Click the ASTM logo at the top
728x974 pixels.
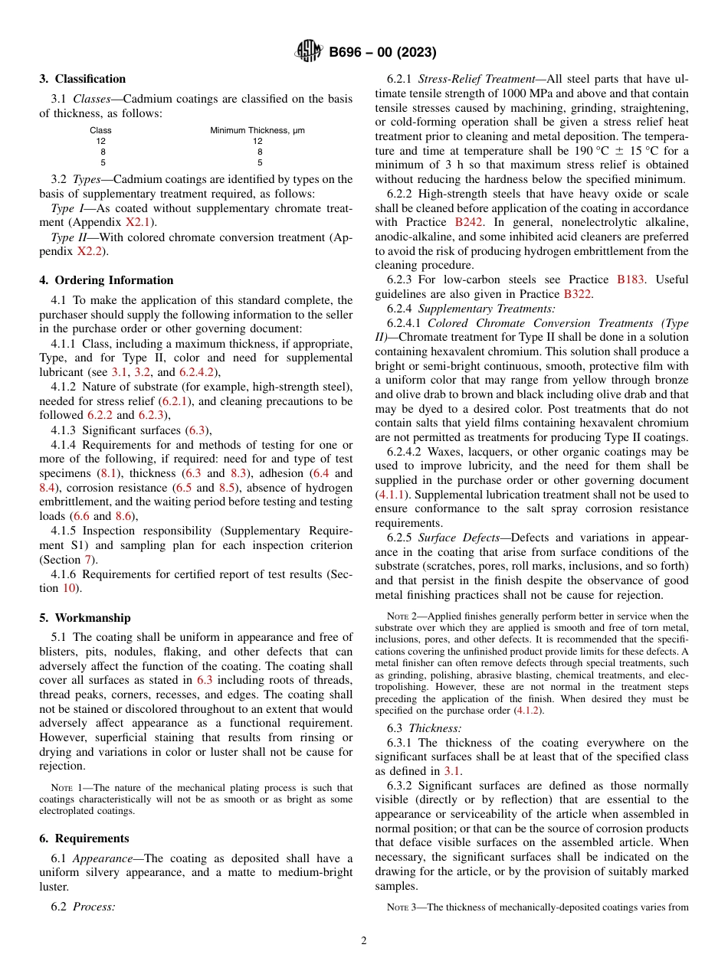click(x=309, y=52)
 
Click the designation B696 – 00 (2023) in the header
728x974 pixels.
click(x=382, y=53)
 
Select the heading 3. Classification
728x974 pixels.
click(x=83, y=79)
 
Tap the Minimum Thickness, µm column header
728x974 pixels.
click(x=257, y=130)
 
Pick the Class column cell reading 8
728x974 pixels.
click(x=100, y=152)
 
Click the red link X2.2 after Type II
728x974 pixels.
click(x=90, y=251)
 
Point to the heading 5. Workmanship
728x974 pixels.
click(x=85, y=618)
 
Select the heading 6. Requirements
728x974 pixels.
click(x=84, y=838)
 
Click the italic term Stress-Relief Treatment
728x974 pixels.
click(x=475, y=79)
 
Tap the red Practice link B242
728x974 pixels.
click(x=469, y=222)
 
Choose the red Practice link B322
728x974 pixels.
click(x=578, y=294)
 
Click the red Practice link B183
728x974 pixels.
click(x=631, y=279)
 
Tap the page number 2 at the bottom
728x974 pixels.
click(x=364, y=941)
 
